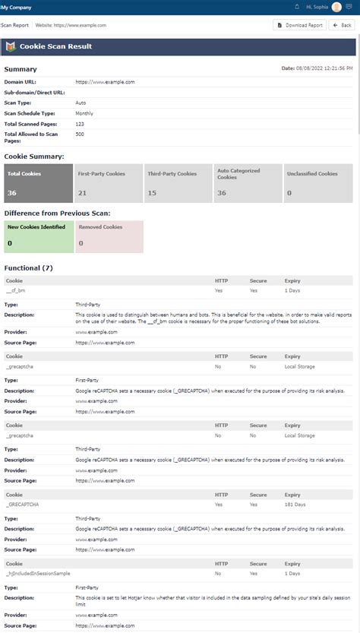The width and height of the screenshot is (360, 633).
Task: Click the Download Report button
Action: [x=300, y=25]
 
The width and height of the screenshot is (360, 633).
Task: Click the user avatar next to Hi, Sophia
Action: [x=336, y=7]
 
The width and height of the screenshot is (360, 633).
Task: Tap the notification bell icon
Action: [x=296, y=7]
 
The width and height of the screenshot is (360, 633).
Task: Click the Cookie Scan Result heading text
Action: [x=55, y=46]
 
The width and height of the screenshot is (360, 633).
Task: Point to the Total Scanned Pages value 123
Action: [x=80, y=122]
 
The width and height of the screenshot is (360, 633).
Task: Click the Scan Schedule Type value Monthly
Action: [x=84, y=112]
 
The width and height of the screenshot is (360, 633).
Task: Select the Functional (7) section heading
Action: [x=29, y=268]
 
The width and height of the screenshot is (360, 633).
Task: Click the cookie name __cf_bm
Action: [x=15, y=290]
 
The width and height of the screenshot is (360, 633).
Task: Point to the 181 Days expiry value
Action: [x=295, y=503]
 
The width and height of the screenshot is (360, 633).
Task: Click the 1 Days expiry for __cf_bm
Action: [x=293, y=290]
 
